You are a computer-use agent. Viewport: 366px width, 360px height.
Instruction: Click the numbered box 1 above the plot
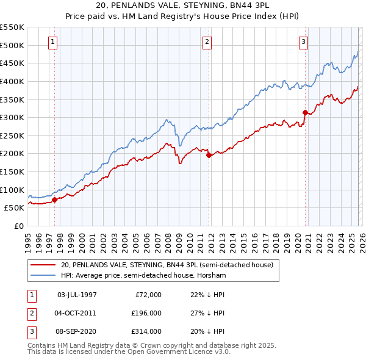point(53,42)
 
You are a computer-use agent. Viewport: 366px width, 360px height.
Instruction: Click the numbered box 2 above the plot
point(207,42)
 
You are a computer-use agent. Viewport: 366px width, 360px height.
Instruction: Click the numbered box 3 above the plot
point(303,42)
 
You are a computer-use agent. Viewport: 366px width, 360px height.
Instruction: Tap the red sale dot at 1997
point(54,199)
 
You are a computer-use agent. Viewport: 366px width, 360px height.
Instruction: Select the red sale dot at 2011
point(209,155)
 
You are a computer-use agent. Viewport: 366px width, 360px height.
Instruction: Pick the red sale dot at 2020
point(305,112)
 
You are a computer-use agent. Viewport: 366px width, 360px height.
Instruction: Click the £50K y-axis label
point(14,208)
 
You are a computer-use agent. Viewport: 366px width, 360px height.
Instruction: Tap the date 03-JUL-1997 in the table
point(77,295)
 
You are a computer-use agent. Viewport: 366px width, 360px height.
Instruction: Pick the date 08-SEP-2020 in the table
point(77,331)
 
